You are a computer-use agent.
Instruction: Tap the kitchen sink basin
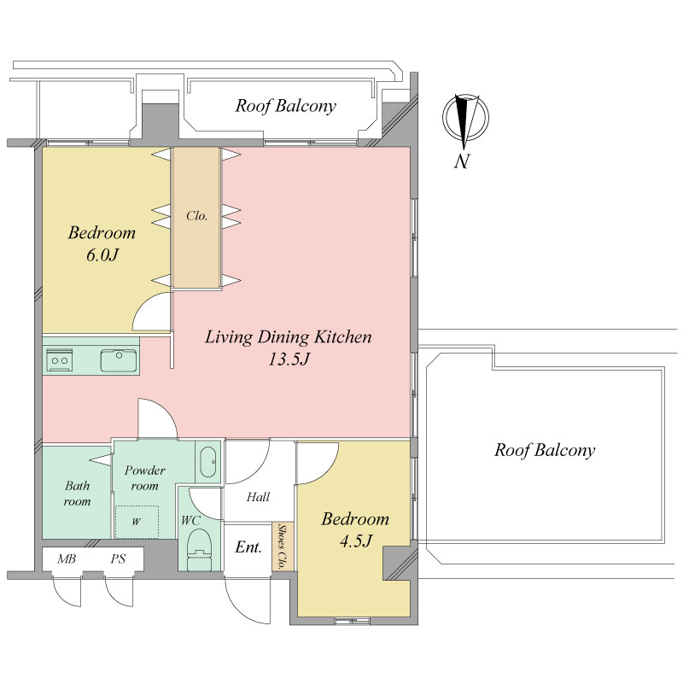point(119,360)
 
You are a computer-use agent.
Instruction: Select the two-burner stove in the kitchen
point(60,360)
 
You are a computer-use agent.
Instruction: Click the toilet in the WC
point(199,549)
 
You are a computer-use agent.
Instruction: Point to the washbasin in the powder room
point(208,462)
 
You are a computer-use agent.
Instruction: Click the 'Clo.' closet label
point(196,216)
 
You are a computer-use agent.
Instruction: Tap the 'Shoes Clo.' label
point(283,547)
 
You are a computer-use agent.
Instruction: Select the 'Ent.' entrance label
point(248,547)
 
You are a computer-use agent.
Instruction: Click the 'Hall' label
point(258,497)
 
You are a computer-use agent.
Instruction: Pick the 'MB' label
point(67,558)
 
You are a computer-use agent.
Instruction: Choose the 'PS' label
point(118,558)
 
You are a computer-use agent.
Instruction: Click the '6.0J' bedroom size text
point(102,255)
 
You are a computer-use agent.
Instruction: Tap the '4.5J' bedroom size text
point(355,541)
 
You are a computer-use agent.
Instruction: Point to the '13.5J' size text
point(289,360)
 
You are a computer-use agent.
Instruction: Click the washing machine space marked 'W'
point(137,522)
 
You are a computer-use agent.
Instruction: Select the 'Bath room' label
point(77,494)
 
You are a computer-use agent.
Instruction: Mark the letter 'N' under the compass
point(463,162)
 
